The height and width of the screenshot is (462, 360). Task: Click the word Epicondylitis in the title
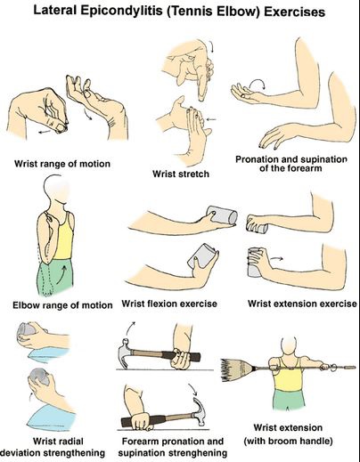121,12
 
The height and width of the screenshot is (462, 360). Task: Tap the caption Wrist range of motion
62,164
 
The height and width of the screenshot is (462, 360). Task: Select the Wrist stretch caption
181,174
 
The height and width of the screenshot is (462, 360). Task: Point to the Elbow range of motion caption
62,305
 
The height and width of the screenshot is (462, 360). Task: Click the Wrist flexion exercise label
169,304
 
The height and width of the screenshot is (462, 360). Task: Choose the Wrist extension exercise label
302,304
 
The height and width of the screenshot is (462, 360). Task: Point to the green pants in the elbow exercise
55,276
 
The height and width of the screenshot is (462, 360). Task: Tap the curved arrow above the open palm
258,83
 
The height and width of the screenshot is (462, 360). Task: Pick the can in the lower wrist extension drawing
254,263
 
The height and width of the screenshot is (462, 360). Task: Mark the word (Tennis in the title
191,12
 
